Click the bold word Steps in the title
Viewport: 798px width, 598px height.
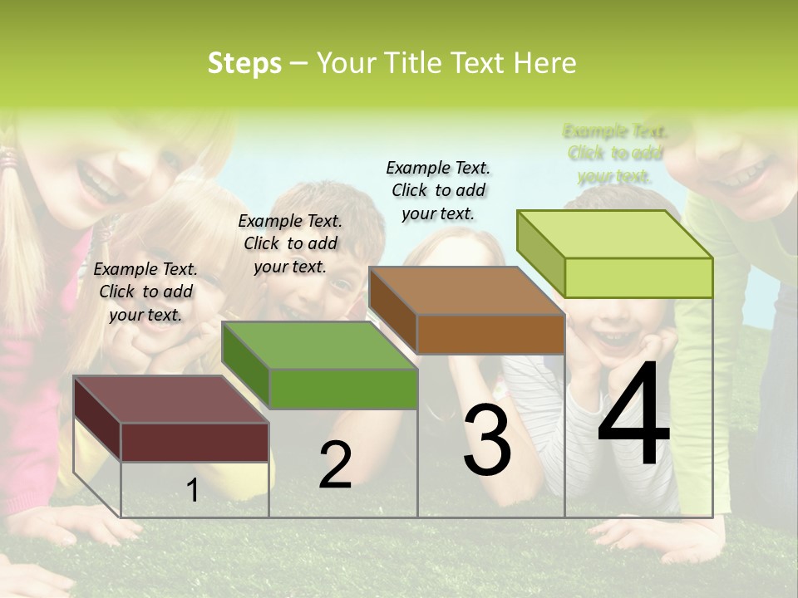(244, 63)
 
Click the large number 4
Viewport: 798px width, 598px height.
(633, 415)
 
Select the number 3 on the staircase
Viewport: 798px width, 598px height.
(487, 440)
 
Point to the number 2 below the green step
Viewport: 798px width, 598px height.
(335, 465)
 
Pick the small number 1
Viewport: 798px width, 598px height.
(192, 490)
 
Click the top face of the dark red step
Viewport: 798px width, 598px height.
(170, 399)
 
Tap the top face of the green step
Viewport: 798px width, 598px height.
(319, 346)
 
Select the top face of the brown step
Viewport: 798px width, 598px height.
(466, 291)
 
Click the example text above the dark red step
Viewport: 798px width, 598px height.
(145, 292)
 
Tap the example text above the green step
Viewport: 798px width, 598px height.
(290, 243)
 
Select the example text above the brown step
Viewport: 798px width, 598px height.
(438, 190)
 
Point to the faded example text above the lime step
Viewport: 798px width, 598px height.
(615, 154)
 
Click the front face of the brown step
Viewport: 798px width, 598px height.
(490, 334)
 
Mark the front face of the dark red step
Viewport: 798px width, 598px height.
(195, 442)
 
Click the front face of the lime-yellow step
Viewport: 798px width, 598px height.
(638, 277)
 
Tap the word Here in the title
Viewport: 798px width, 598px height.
(545, 63)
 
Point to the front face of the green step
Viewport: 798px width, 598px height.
(343, 389)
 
